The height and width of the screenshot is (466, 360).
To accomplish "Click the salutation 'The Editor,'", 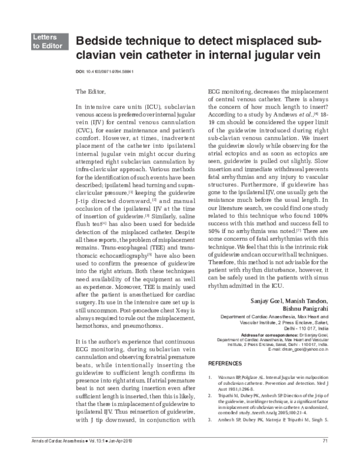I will [x=92, y=92].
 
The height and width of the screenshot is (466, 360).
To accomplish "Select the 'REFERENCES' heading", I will [x=225, y=364].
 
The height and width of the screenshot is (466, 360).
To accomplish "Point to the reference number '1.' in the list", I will [x=210, y=378].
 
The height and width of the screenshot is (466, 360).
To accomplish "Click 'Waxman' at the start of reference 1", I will [x=226, y=378].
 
